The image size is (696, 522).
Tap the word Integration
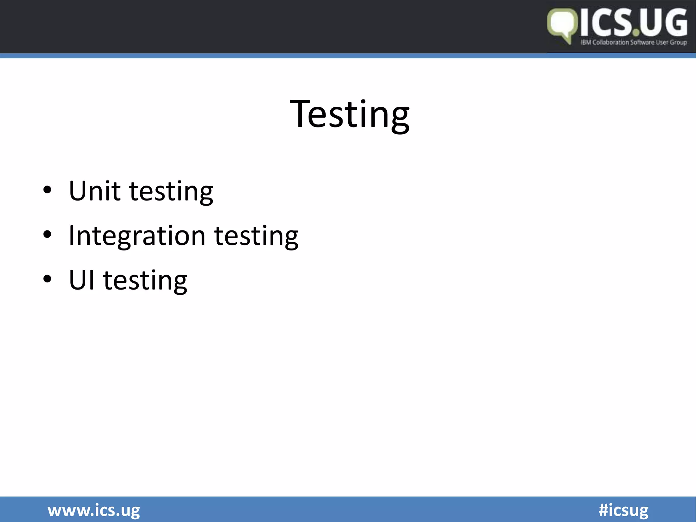137,236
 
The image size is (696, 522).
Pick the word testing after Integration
256,237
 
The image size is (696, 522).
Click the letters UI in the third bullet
82,280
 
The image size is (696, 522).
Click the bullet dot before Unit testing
47,190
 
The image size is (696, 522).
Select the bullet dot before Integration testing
47,234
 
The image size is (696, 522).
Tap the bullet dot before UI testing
47,279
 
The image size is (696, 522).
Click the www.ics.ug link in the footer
94,510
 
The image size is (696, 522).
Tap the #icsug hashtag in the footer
623,510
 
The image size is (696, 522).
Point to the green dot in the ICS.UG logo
636,33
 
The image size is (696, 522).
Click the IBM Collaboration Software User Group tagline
633,42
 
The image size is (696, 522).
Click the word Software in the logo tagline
642,42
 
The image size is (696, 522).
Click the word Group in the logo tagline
678,42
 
